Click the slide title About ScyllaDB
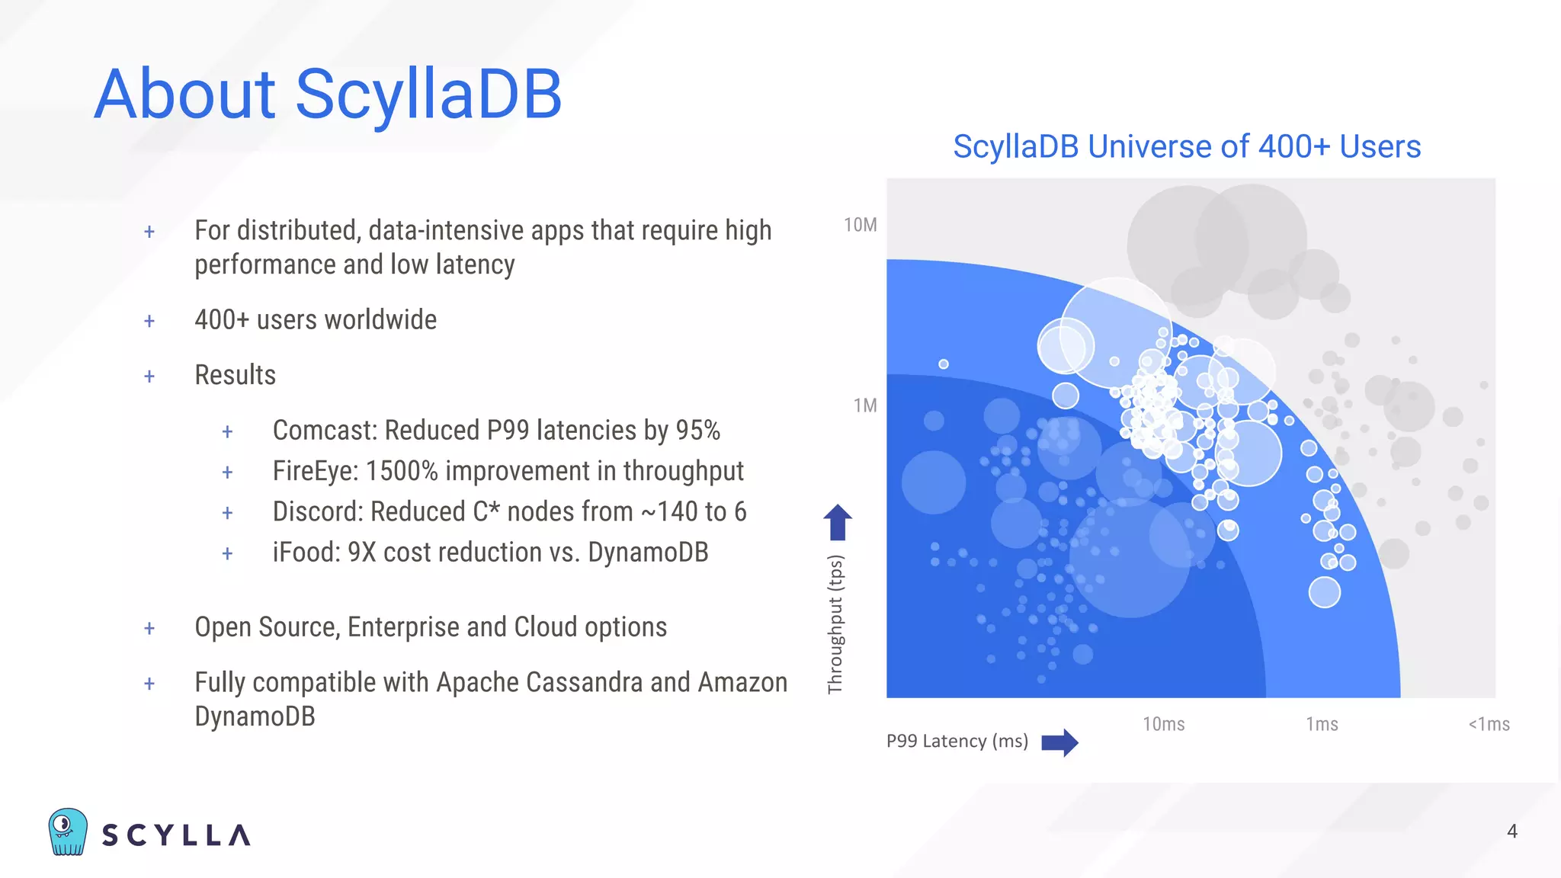coord(328,95)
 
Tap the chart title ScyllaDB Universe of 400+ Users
coord(1187,146)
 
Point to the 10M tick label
coord(860,225)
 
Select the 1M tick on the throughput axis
coord(865,405)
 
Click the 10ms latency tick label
coord(1163,724)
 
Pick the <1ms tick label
coord(1489,724)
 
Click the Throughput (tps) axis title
coord(835,624)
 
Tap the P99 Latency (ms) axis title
coord(957,741)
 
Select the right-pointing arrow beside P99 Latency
coord(1059,742)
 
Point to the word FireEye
coord(315,471)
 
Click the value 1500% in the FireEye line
coord(402,471)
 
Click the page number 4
coord(1512,832)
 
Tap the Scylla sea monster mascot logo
coord(68,832)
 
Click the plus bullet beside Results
coord(149,376)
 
